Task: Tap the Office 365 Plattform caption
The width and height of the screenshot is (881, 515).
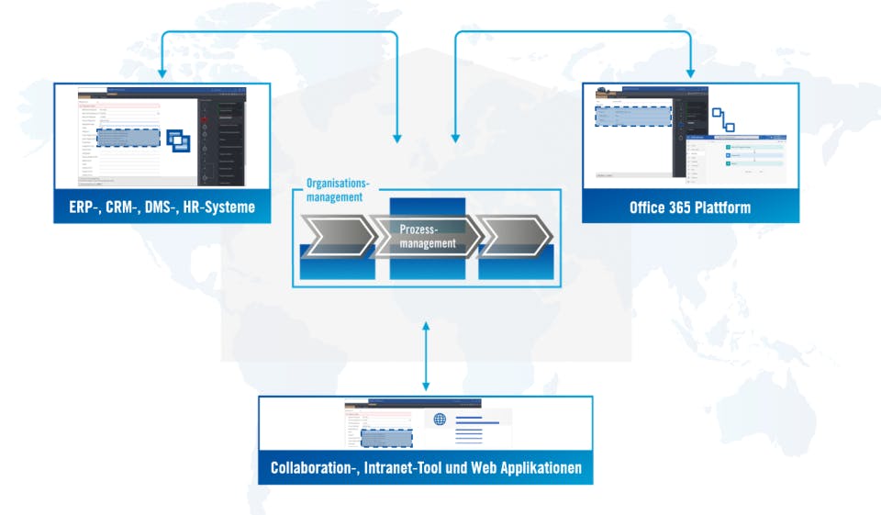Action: pos(689,207)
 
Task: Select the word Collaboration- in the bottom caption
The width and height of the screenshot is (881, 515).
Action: pos(312,468)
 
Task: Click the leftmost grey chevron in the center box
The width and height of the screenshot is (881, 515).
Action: pos(338,237)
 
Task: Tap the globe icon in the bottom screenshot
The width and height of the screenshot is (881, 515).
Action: pos(440,420)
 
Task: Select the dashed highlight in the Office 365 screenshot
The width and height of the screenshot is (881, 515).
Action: pos(633,117)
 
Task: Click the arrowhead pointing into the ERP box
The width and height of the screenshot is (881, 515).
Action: pos(162,73)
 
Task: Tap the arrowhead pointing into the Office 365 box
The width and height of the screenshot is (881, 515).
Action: pos(690,73)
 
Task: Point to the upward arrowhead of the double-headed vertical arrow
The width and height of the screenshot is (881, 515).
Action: pos(426,328)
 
